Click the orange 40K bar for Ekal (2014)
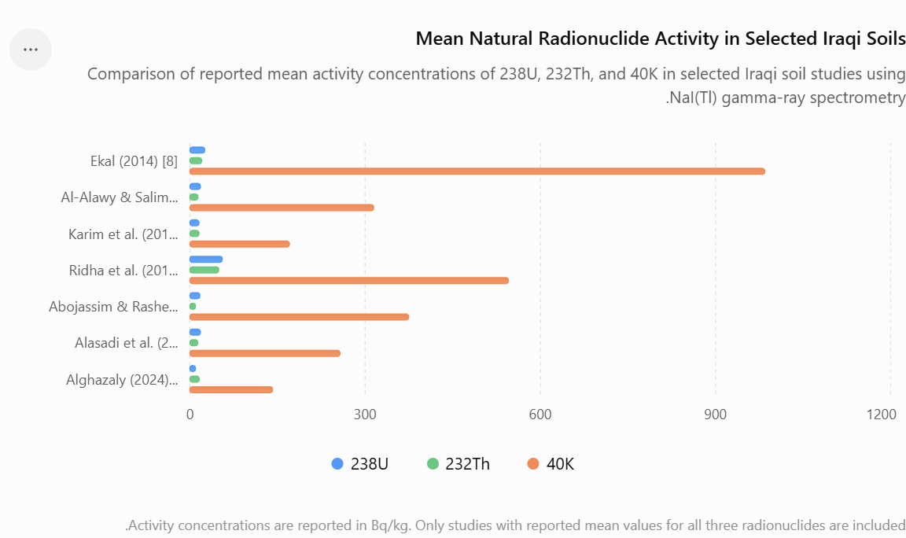[x=477, y=171]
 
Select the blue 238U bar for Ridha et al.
[x=206, y=260]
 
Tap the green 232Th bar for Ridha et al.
[x=204, y=270]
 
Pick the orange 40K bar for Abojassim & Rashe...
[x=300, y=317]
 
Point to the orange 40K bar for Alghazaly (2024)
[x=231, y=389]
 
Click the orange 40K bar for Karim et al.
[x=240, y=244]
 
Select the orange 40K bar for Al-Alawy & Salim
[x=282, y=208]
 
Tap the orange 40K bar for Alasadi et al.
[x=265, y=353]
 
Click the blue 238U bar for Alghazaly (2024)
[x=193, y=369]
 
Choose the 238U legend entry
[x=360, y=464]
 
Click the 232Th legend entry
[x=459, y=464]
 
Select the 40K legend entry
[x=551, y=464]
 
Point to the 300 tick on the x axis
[x=365, y=415]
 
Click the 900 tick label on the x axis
[x=716, y=415]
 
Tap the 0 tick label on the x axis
[x=190, y=415]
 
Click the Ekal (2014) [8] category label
[x=134, y=161]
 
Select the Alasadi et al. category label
[x=127, y=343]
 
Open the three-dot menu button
[x=31, y=50]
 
